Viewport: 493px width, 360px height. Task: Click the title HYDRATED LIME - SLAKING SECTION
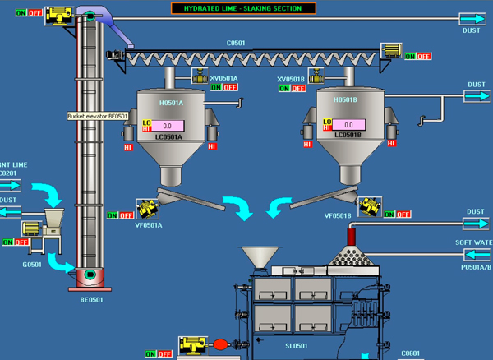(242, 8)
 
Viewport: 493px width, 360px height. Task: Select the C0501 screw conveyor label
(236, 43)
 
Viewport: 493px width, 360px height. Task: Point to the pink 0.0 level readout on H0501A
(167, 126)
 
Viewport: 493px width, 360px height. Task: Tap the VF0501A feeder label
(149, 224)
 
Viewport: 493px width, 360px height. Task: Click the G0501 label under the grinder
(32, 265)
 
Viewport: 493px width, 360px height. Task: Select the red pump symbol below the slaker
(219, 345)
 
